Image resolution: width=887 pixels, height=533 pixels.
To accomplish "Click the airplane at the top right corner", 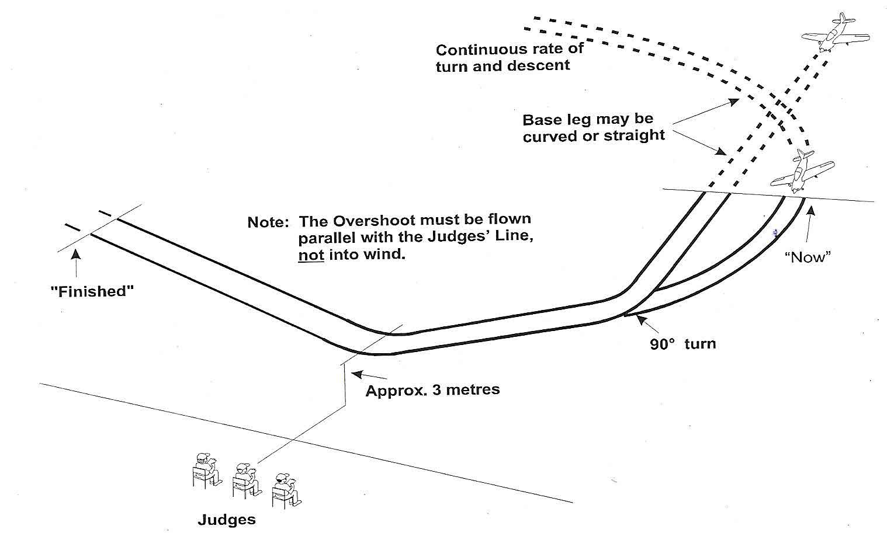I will [x=836, y=33].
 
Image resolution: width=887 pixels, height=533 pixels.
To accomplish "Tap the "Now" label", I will [x=808, y=257].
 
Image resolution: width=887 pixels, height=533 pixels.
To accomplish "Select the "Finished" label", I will [x=92, y=291].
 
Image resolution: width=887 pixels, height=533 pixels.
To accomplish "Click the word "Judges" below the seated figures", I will [x=227, y=520].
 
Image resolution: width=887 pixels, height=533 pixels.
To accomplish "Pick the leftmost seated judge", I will [x=206, y=469].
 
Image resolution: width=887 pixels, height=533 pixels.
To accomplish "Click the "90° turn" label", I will [x=682, y=344].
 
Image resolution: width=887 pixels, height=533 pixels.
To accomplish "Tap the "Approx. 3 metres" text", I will [x=432, y=390].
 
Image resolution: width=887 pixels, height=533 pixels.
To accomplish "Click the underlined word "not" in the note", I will [x=311, y=255].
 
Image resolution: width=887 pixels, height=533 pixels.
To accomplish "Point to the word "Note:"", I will [x=268, y=222].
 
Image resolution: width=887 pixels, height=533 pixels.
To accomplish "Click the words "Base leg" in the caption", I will [x=557, y=120].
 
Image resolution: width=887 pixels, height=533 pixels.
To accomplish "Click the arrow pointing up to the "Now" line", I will [x=808, y=225].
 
